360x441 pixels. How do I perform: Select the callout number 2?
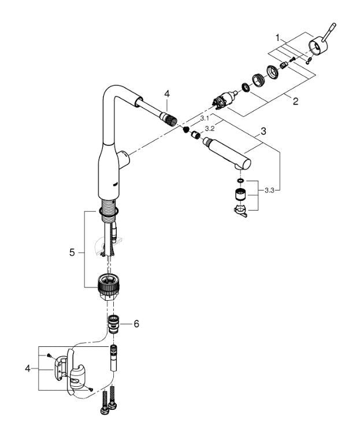295,102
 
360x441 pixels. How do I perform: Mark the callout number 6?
136,324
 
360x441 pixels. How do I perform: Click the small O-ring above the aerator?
240,181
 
